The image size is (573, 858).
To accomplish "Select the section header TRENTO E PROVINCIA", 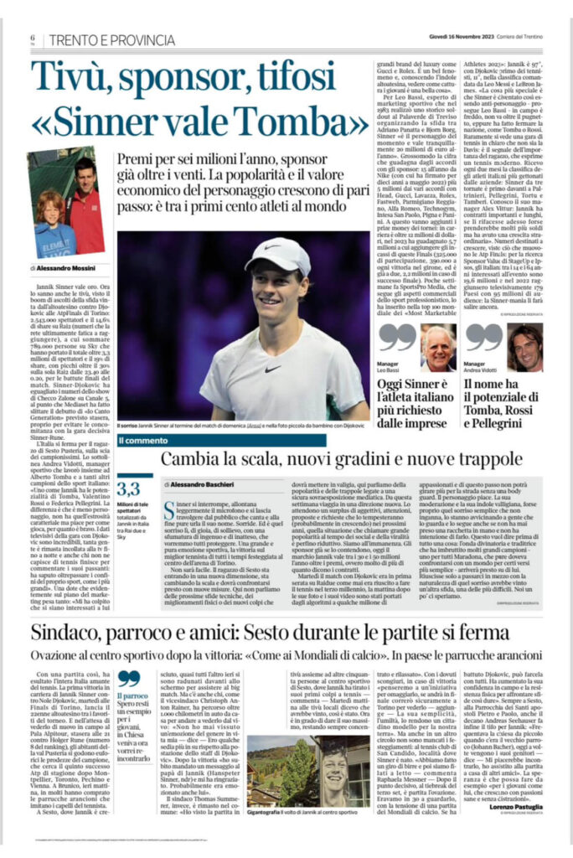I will coord(111,39).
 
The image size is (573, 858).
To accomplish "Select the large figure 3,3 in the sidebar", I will coord(129,488).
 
